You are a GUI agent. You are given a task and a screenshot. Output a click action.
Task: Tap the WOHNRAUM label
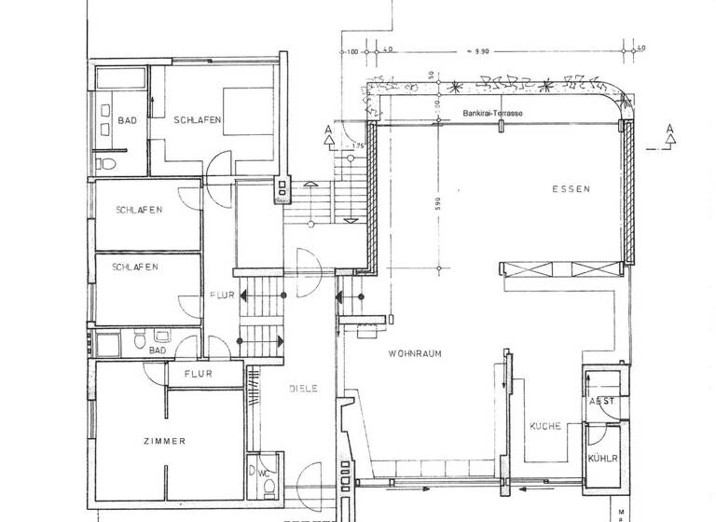point(415,354)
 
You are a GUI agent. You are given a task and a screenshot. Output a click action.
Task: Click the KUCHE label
point(544,426)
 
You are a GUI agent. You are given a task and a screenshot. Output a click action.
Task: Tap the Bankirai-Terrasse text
point(492,114)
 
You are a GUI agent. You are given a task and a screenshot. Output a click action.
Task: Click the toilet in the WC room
point(253,473)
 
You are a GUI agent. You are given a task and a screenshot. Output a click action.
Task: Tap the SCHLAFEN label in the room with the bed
point(197,119)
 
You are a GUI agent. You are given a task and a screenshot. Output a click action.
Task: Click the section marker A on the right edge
point(669,137)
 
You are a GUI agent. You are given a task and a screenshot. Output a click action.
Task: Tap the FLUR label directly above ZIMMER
point(198,374)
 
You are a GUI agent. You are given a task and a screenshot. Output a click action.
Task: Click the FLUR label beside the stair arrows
point(220,295)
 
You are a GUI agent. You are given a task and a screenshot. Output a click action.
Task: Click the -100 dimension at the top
point(351,51)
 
